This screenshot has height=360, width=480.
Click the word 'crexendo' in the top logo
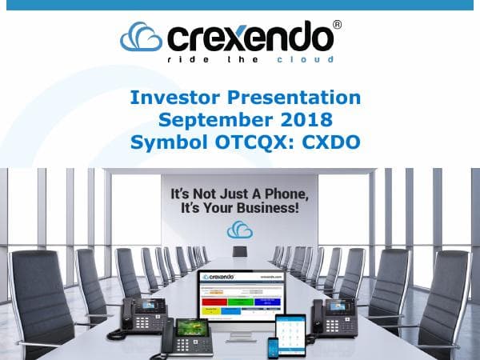tap(250, 37)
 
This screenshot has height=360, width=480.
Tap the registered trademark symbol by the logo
tap(337, 26)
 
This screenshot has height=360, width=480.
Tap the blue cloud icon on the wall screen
tap(239, 229)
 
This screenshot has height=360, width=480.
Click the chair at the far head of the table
tap(239, 251)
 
